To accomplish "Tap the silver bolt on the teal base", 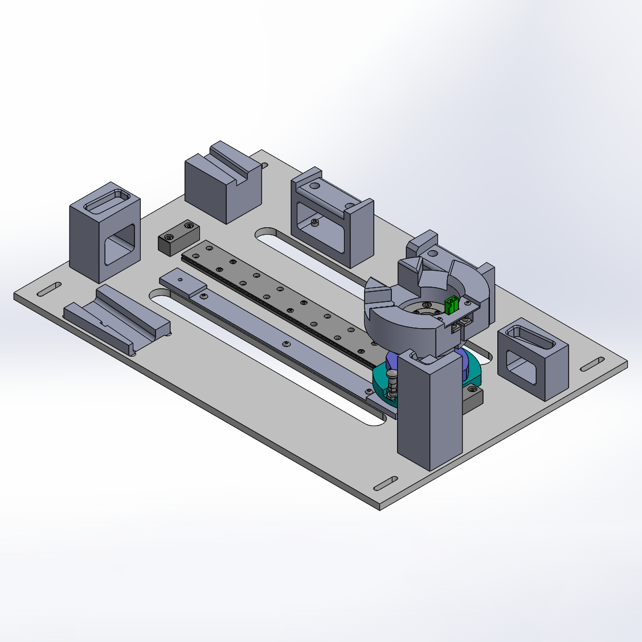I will point(392,378).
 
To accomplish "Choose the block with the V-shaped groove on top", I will point(223,182).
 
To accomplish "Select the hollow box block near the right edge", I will point(532,359).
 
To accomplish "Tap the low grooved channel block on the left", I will point(116,319).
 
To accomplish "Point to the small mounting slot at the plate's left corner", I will point(49,289).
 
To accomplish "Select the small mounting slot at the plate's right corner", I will point(592,364).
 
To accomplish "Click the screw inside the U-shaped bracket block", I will point(316,222).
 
